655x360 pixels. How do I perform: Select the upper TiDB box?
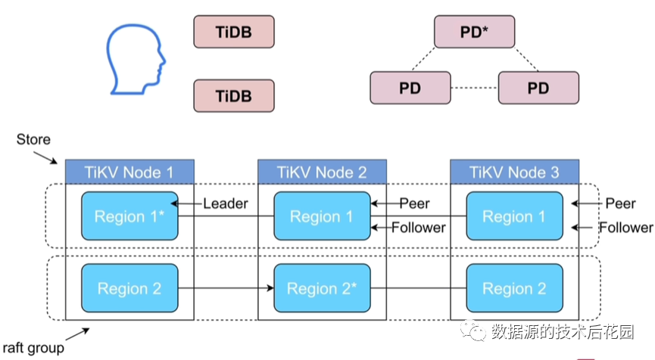pos(233,33)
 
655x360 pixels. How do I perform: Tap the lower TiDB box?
pos(233,96)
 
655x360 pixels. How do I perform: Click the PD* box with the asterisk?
pos(474,33)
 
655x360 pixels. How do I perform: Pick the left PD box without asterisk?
pos(410,88)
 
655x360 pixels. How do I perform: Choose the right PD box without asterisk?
pos(538,88)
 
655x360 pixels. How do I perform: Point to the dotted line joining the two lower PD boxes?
pos(474,88)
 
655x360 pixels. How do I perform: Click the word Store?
pos(33,140)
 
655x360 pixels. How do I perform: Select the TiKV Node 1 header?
pos(129,172)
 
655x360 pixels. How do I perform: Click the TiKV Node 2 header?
pos(322,172)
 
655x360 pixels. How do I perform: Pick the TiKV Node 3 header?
pos(514,172)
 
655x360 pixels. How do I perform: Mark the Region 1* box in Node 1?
pos(129,216)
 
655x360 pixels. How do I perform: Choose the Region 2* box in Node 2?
pos(322,289)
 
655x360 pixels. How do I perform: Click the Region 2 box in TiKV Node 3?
pos(514,289)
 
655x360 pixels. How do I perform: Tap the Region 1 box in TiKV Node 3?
pos(514,216)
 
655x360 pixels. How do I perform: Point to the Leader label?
pos(226,203)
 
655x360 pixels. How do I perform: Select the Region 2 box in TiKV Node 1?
pos(129,289)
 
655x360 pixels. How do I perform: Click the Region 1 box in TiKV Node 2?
pos(322,216)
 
